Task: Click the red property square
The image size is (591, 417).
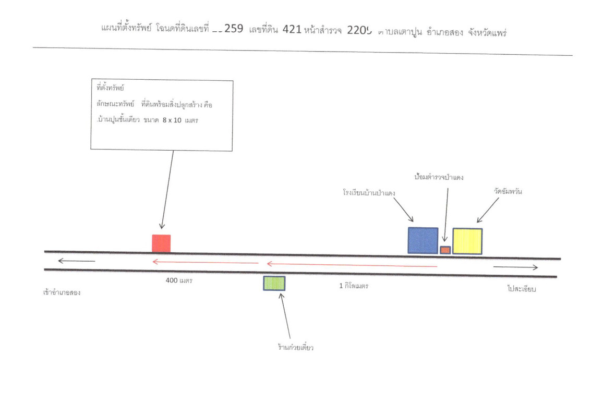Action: pyautogui.click(x=161, y=243)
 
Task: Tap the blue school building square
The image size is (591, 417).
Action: pyautogui.click(x=423, y=240)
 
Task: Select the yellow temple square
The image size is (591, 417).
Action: pyautogui.click(x=467, y=241)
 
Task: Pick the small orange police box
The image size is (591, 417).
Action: pyautogui.click(x=445, y=250)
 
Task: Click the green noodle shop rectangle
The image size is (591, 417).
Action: pyautogui.click(x=274, y=283)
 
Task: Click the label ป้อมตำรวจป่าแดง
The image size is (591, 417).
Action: pyautogui.click(x=439, y=177)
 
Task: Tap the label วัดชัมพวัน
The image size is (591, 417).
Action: pyautogui.click(x=508, y=191)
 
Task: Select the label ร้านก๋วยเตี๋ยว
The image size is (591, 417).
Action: pyautogui.click(x=295, y=347)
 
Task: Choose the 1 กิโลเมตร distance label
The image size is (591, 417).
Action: pyautogui.click(x=354, y=286)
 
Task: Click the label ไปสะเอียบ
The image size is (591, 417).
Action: pyautogui.click(x=521, y=289)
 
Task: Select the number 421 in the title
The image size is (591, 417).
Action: pyautogui.click(x=292, y=30)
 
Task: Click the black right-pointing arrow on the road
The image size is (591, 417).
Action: pyautogui.click(x=515, y=267)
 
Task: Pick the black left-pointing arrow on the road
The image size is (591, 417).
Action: pyautogui.click(x=76, y=261)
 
